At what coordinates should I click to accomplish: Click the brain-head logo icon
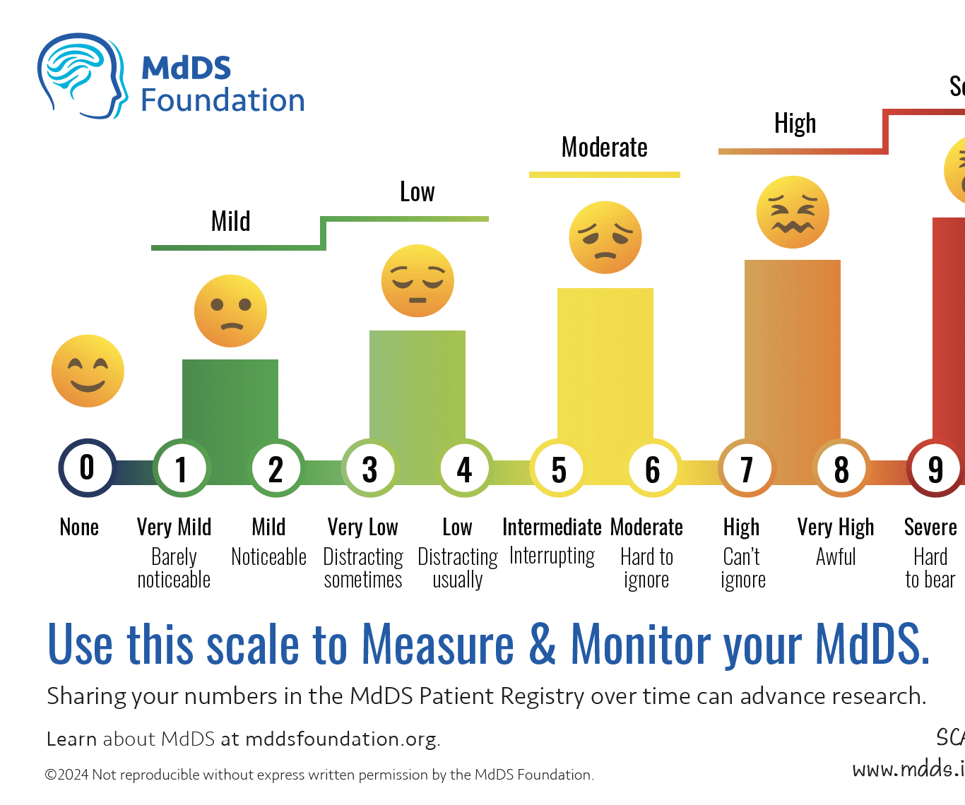(81, 76)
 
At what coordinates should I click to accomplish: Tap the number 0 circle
(87, 467)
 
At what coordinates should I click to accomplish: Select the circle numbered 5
(559, 469)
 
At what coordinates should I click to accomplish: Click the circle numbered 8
(841, 469)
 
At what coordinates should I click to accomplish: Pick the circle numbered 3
(369, 469)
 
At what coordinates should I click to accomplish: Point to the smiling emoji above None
(88, 371)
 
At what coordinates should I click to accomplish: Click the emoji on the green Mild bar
(230, 311)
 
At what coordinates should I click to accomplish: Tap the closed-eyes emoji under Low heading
(418, 280)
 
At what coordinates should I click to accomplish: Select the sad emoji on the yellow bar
(605, 237)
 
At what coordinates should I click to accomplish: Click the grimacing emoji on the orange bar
(793, 212)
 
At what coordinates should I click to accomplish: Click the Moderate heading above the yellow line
(605, 148)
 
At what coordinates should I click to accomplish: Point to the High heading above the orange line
(795, 124)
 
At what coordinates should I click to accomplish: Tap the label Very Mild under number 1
(174, 527)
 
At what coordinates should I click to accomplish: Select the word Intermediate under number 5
(552, 527)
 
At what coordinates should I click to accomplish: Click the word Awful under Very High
(836, 557)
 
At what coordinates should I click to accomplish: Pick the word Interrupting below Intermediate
(552, 556)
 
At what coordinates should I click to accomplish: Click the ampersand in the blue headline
(542, 644)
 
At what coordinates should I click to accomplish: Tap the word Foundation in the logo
(223, 100)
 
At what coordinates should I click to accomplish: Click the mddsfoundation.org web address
(341, 739)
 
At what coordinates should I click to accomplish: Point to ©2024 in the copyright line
(67, 775)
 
